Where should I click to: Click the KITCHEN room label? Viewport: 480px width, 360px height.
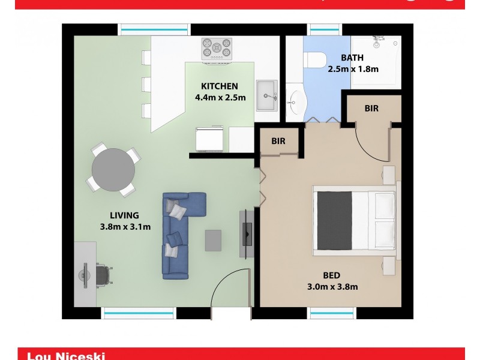click(220, 86)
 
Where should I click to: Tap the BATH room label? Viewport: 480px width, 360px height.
click(353, 58)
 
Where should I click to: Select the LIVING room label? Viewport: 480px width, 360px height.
click(124, 215)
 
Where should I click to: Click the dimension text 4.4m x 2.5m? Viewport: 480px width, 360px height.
click(220, 98)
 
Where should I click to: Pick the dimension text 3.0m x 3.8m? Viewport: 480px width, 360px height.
click(332, 287)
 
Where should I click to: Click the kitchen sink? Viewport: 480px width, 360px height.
click(267, 96)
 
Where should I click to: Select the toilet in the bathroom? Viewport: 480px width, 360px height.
click(314, 59)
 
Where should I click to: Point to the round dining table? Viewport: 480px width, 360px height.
click(113, 169)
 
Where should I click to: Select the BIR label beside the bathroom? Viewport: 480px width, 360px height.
click(371, 109)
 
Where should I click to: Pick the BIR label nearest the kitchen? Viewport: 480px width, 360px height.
click(278, 142)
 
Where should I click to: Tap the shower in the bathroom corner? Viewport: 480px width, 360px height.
click(376, 61)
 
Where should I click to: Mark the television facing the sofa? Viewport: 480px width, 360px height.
click(247, 234)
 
